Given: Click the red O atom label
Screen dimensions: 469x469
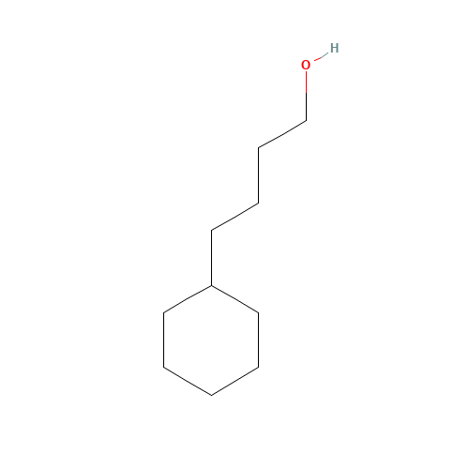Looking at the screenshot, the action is pyautogui.click(x=306, y=65).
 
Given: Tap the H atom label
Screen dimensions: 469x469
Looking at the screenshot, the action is pyautogui.click(x=334, y=48).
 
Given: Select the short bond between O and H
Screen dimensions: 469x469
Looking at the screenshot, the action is pyautogui.click(x=321, y=56).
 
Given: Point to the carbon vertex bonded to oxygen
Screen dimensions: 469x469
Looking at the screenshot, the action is pyautogui.click(x=306, y=121).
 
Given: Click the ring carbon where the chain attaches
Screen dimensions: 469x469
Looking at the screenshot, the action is pyautogui.click(x=211, y=285).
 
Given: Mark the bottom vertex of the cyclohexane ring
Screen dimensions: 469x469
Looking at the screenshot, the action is pyautogui.click(x=211, y=396).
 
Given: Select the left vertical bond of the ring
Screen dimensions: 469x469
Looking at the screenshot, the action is pyautogui.click(x=164, y=340).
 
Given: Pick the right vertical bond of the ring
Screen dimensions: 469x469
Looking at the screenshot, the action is pyautogui.click(x=259, y=340).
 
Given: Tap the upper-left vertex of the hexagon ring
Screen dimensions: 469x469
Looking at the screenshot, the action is pyautogui.click(x=164, y=312).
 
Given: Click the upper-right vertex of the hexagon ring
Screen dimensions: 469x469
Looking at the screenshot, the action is pyautogui.click(x=259, y=312).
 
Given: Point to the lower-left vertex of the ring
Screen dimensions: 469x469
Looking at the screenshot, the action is pyautogui.click(x=164, y=368).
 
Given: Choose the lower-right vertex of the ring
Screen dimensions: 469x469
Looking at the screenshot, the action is pyautogui.click(x=259, y=368).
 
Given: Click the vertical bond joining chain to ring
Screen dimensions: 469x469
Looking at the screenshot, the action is pyautogui.click(x=211, y=258).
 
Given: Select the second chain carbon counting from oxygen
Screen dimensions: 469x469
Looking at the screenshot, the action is pyautogui.click(x=259, y=147).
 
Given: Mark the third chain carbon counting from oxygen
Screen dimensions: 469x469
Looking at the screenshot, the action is pyautogui.click(x=259, y=204).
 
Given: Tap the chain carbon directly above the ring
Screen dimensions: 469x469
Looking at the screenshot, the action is pyautogui.click(x=211, y=231).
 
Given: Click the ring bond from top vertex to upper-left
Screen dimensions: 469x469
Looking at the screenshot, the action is pyautogui.click(x=188, y=299).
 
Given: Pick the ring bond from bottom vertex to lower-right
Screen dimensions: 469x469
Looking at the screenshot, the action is pyautogui.click(x=235, y=382).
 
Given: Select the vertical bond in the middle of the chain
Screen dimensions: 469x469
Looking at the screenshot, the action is pyautogui.click(x=259, y=175).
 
